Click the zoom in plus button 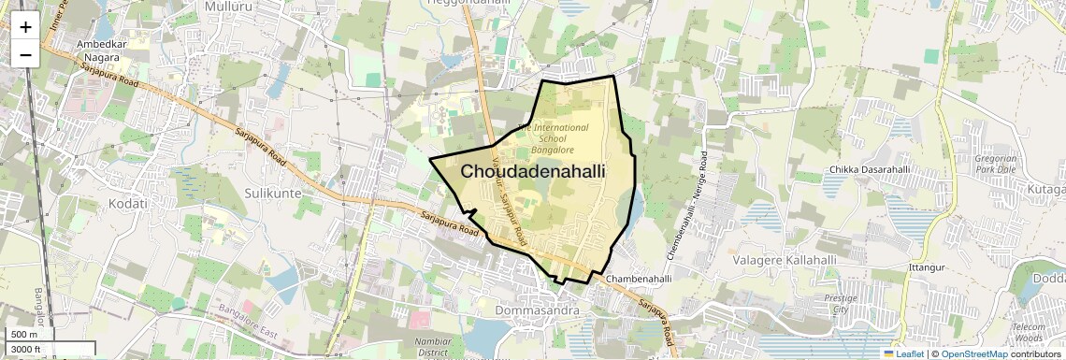click(25, 27)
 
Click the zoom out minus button click(25, 54)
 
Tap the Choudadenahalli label click(532, 172)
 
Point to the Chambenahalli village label click(639, 279)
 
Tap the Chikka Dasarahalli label click(869, 169)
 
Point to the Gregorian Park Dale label click(994, 166)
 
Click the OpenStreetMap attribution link click(973, 353)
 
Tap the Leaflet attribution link click(903, 353)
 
